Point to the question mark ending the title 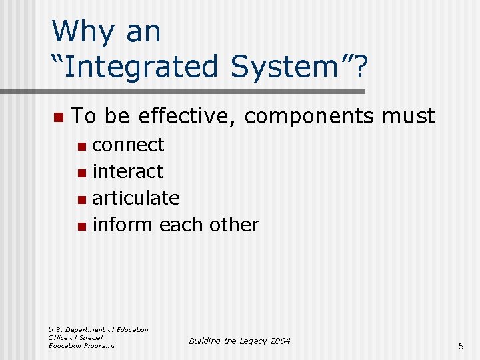[359, 67]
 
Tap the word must [408, 117]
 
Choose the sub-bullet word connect [128, 145]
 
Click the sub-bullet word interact [127, 171]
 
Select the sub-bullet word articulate [136, 198]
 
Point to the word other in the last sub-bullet [233, 225]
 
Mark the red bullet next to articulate [81, 199]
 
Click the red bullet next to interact [81, 173]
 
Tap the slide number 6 [460, 345]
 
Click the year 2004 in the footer [279, 341]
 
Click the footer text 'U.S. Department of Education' [98, 329]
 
